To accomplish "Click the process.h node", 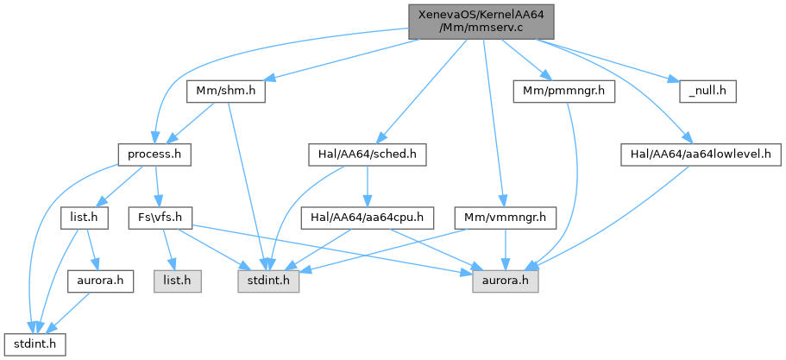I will [x=154, y=155].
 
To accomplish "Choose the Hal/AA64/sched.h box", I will [x=368, y=155].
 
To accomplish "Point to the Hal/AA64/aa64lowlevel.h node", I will [x=701, y=155].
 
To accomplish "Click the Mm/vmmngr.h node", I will [x=506, y=218].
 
